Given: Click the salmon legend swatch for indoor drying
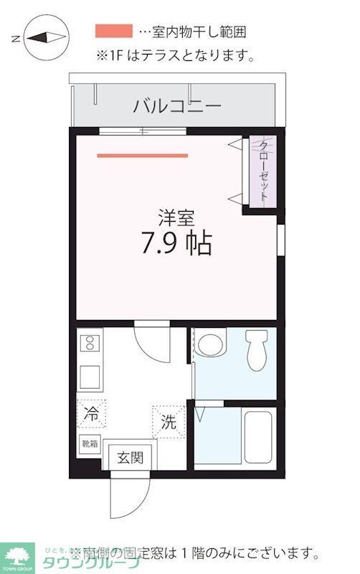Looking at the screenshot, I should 114,31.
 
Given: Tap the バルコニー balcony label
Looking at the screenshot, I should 176,107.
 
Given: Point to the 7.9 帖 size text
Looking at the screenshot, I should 176,245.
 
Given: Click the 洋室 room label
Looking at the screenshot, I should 176,216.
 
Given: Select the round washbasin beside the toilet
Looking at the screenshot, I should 212,344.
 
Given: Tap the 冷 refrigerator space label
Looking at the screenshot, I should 92,413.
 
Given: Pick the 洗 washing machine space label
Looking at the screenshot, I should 168,422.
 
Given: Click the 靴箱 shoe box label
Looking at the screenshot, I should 90,444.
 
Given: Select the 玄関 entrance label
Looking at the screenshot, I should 131,457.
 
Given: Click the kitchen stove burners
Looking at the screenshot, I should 90,344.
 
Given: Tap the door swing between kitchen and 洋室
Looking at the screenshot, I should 152,343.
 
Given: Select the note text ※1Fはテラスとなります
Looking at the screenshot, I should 175,55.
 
